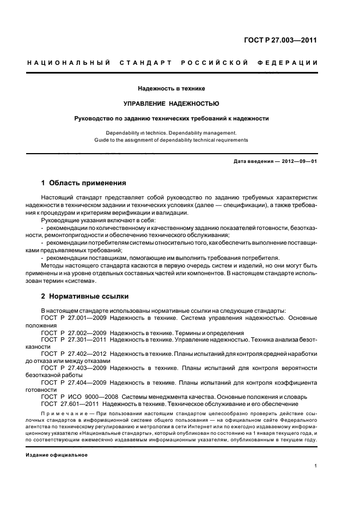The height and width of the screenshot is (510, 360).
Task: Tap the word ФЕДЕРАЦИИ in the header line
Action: (292, 63)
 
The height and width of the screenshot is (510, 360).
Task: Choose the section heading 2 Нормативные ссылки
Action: (85, 296)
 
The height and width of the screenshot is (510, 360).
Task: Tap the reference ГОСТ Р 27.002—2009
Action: (73, 332)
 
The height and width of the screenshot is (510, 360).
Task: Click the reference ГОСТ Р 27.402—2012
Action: (73, 353)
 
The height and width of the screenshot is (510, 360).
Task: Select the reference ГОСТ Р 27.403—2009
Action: (73, 367)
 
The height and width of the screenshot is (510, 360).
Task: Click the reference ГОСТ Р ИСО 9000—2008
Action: (80, 396)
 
